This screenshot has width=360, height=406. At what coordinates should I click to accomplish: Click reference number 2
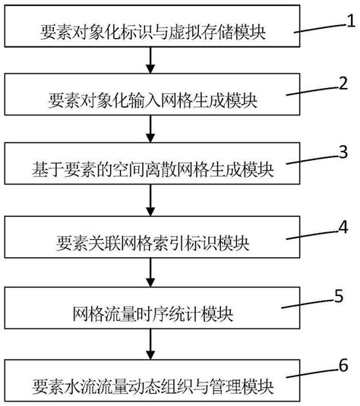344,82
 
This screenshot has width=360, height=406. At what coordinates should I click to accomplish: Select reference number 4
344,227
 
